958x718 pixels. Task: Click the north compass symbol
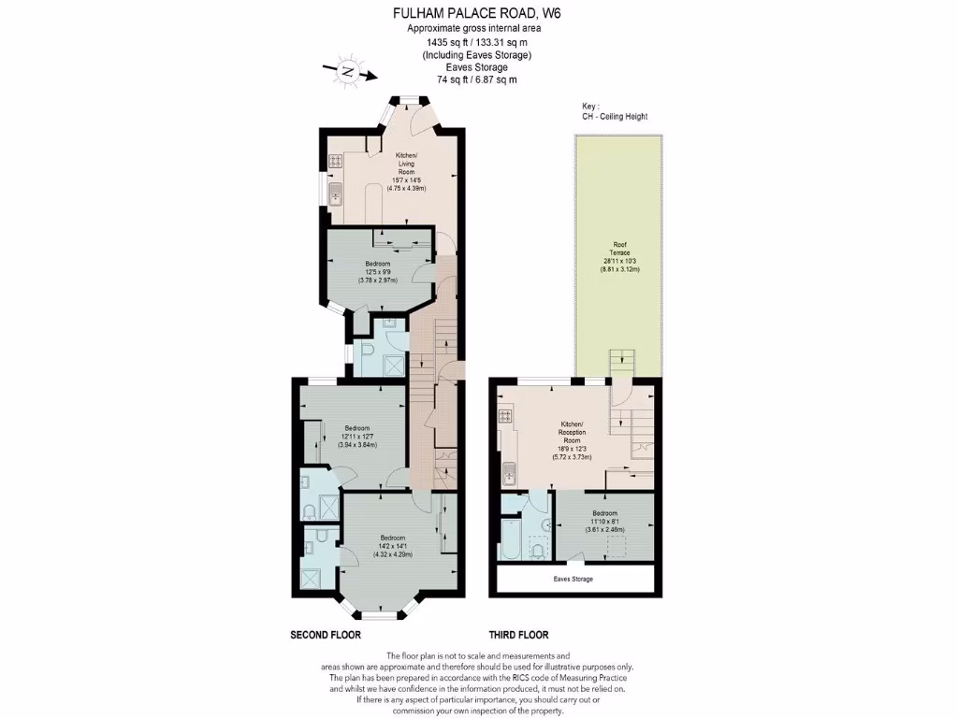coord(347,71)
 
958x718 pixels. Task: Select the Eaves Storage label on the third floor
coord(573,579)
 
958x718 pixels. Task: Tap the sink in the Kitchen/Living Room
coord(334,196)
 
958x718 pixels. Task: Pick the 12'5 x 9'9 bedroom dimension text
coord(380,272)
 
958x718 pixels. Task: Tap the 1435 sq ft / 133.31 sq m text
coord(476,41)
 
